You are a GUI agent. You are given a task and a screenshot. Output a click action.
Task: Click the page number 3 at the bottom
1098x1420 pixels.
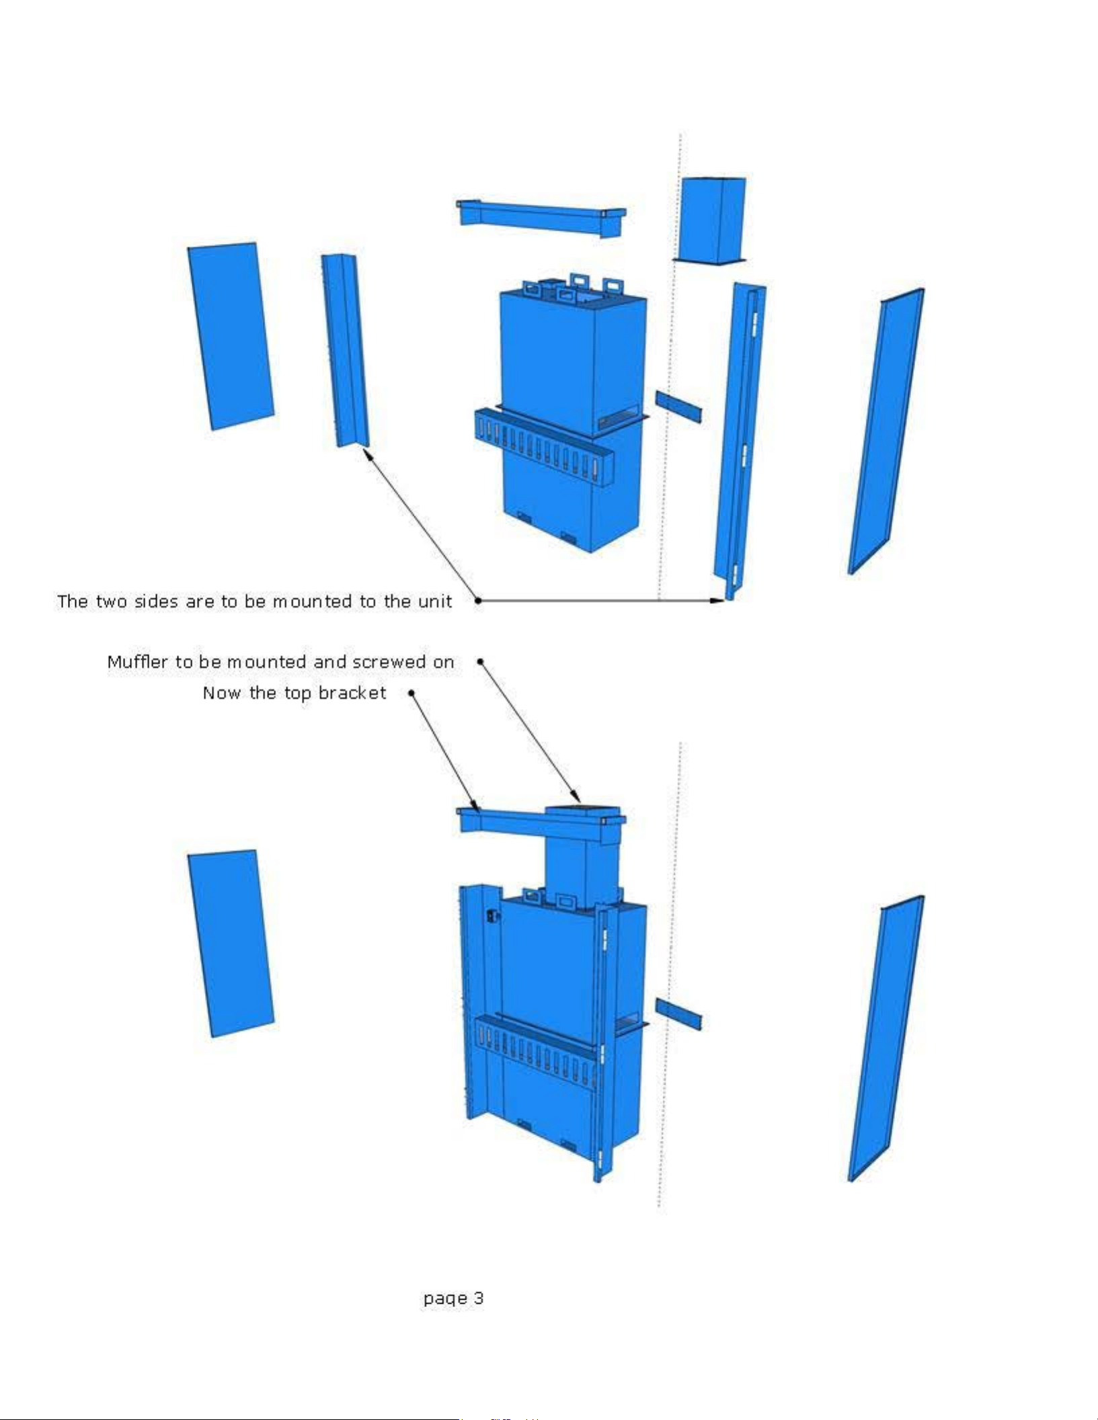[x=478, y=1298]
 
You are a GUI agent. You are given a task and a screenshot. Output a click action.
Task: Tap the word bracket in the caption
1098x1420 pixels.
[x=352, y=693]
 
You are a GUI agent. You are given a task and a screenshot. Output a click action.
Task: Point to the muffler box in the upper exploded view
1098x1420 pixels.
[x=711, y=220]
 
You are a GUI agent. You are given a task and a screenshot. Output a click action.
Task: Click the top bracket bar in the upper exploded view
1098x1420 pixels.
[x=541, y=218]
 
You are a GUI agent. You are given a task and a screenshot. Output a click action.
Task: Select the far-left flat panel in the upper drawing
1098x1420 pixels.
[x=231, y=336]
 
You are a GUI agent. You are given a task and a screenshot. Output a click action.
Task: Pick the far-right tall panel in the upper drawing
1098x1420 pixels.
[x=886, y=431]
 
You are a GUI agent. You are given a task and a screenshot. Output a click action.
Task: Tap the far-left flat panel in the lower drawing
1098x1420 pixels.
[x=231, y=944]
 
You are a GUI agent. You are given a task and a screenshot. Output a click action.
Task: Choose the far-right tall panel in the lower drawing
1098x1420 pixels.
[x=886, y=1039]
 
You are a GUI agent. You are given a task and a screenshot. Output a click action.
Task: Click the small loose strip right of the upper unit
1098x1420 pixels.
[x=678, y=407]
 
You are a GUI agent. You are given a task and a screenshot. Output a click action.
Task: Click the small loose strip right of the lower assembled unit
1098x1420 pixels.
[x=678, y=1015]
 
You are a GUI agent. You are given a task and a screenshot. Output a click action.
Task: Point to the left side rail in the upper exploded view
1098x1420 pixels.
[x=345, y=350]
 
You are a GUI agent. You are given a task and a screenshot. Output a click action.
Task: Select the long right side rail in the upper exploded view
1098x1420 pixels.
[x=740, y=441]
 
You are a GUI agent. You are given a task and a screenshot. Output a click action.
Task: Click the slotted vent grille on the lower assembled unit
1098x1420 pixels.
[x=536, y=1053]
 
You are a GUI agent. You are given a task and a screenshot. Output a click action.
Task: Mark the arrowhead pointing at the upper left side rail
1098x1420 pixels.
[x=367, y=454]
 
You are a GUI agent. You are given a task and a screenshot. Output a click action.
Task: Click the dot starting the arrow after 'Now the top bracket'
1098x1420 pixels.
[x=411, y=692]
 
